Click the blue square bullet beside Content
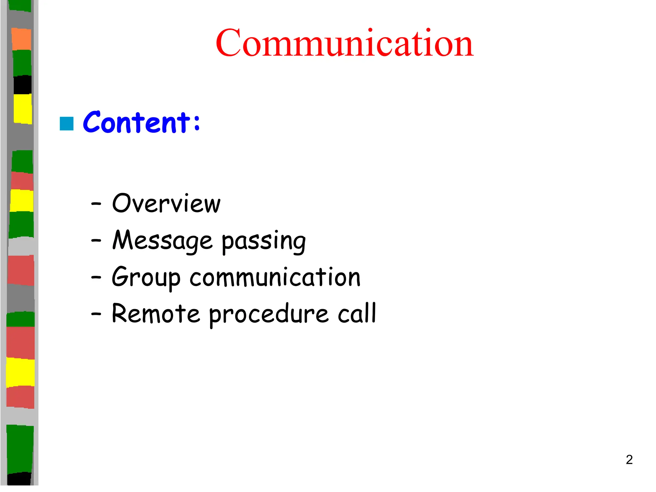tap(67, 124)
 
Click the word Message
tap(162, 241)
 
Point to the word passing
tap(264, 242)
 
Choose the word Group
tap(146, 277)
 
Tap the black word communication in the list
tap(275, 277)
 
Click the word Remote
tap(156, 314)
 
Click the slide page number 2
tap(629, 460)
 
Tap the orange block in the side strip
tap(21, 39)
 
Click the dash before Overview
tap(96, 204)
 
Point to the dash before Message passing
tap(96, 240)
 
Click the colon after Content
tap(197, 123)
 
